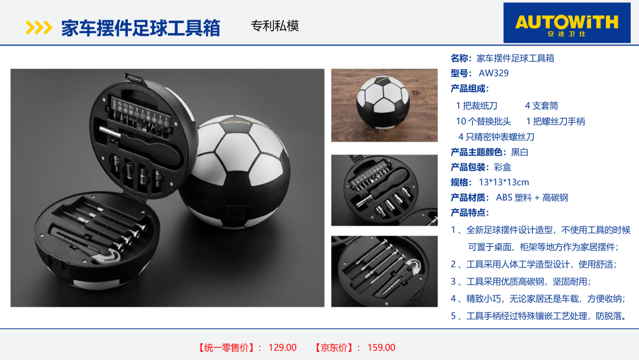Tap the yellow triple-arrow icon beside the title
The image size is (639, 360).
(x=38, y=28)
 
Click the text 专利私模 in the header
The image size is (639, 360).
(x=275, y=26)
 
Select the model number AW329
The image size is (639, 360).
(x=493, y=73)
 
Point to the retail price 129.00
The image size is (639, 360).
(x=282, y=348)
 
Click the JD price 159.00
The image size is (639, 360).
(x=381, y=348)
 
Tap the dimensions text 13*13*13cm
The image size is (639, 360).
(x=504, y=182)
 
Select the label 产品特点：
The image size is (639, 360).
(x=469, y=213)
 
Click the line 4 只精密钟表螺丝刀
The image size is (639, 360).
(x=496, y=137)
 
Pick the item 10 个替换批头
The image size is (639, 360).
(x=483, y=121)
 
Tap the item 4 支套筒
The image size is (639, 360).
(x=541, y=106)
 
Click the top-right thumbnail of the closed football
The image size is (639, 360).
(x=385, y=105)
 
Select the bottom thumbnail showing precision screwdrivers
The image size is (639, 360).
(x=385, y=271)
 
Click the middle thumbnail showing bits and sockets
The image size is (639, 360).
(x=385, y=190)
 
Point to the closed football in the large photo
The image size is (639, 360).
(x=236, y=171)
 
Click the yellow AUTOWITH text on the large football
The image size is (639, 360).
(x=236, y=122)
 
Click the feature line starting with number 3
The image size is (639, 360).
(x=521, y=282)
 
